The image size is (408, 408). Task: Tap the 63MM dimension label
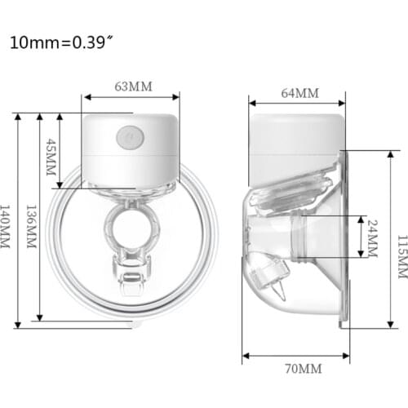point(133,85)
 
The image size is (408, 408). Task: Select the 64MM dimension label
point(299,92)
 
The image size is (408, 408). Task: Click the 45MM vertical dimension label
point(51,158)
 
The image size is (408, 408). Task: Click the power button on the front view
point(128,136)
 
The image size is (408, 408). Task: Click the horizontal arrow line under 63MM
point(131,97)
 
